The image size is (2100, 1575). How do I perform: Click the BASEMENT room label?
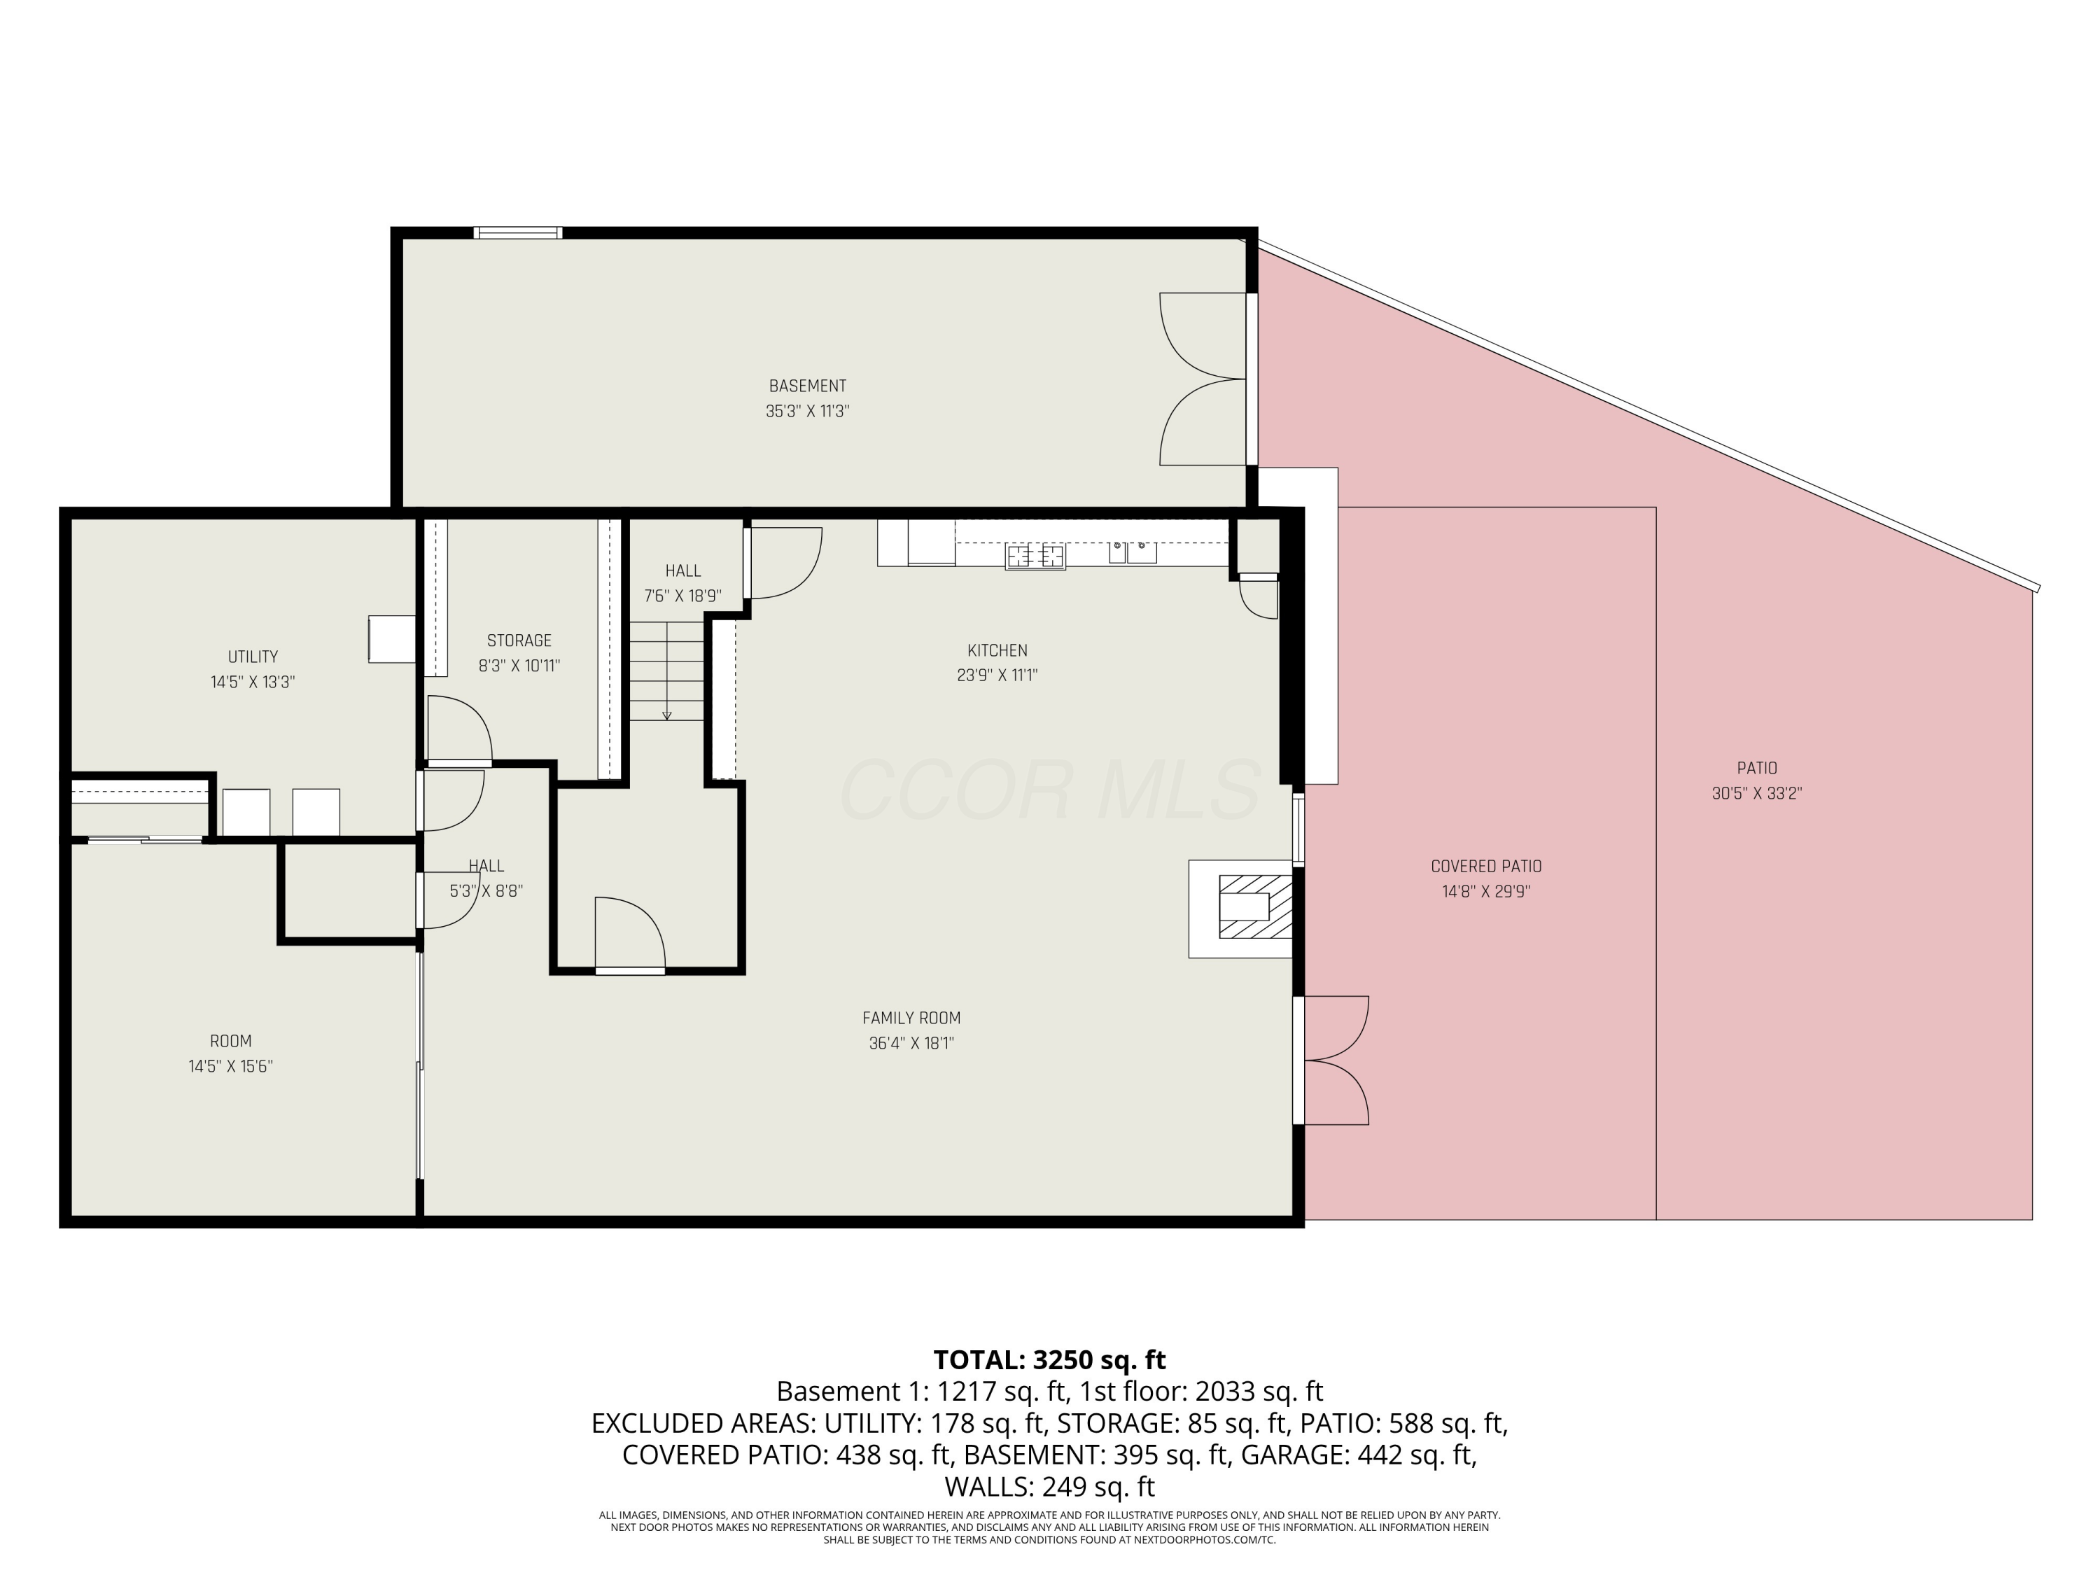coord(807,386)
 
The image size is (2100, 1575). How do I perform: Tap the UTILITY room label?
coord(253,657)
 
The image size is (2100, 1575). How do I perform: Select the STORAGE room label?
coord(519,640)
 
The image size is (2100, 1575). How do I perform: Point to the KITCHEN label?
coord(997,650)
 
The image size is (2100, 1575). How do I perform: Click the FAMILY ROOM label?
coord(911,1018)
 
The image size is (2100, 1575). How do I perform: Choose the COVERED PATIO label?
coord(1486,866)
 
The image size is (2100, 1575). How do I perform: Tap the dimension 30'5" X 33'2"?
coord(1756,794)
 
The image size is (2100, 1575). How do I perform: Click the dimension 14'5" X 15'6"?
coord(231,1066)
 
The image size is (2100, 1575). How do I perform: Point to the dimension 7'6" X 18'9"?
coord(682,596)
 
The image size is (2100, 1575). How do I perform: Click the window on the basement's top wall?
coord(519,232)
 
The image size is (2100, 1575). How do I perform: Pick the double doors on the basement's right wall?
coord(1204,379)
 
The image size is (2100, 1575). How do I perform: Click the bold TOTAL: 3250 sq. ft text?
coord(1049,1359)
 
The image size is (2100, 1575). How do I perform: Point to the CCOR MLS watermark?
coord(1050,790)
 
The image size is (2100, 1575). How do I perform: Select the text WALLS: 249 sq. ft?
coord(1049,1486)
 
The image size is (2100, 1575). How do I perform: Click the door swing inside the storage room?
coord(459,729)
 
